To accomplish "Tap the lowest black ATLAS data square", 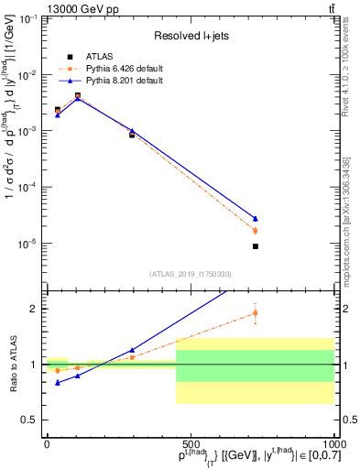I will (x=256, y=246).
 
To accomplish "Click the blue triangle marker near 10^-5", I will (x=256, y=218).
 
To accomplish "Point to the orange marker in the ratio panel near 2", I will (x=256, y=313).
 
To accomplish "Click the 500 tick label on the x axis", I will (x=190, y=444).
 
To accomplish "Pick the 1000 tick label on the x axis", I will (x=332, y=444).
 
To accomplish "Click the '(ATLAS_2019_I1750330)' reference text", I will (x=190, y=274).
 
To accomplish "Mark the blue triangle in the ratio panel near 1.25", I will (x=132, y=350).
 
